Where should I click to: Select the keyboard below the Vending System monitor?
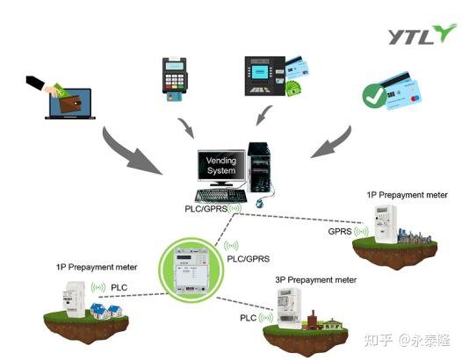pyautogui.click(x=220, y=195)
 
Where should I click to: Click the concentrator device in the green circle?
pyautogui.click(x=191, y=264)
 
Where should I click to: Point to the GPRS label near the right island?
pyautogui.click(x=340, y=232)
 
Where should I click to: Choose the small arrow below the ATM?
pyautogui.click(x=261, y=114)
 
